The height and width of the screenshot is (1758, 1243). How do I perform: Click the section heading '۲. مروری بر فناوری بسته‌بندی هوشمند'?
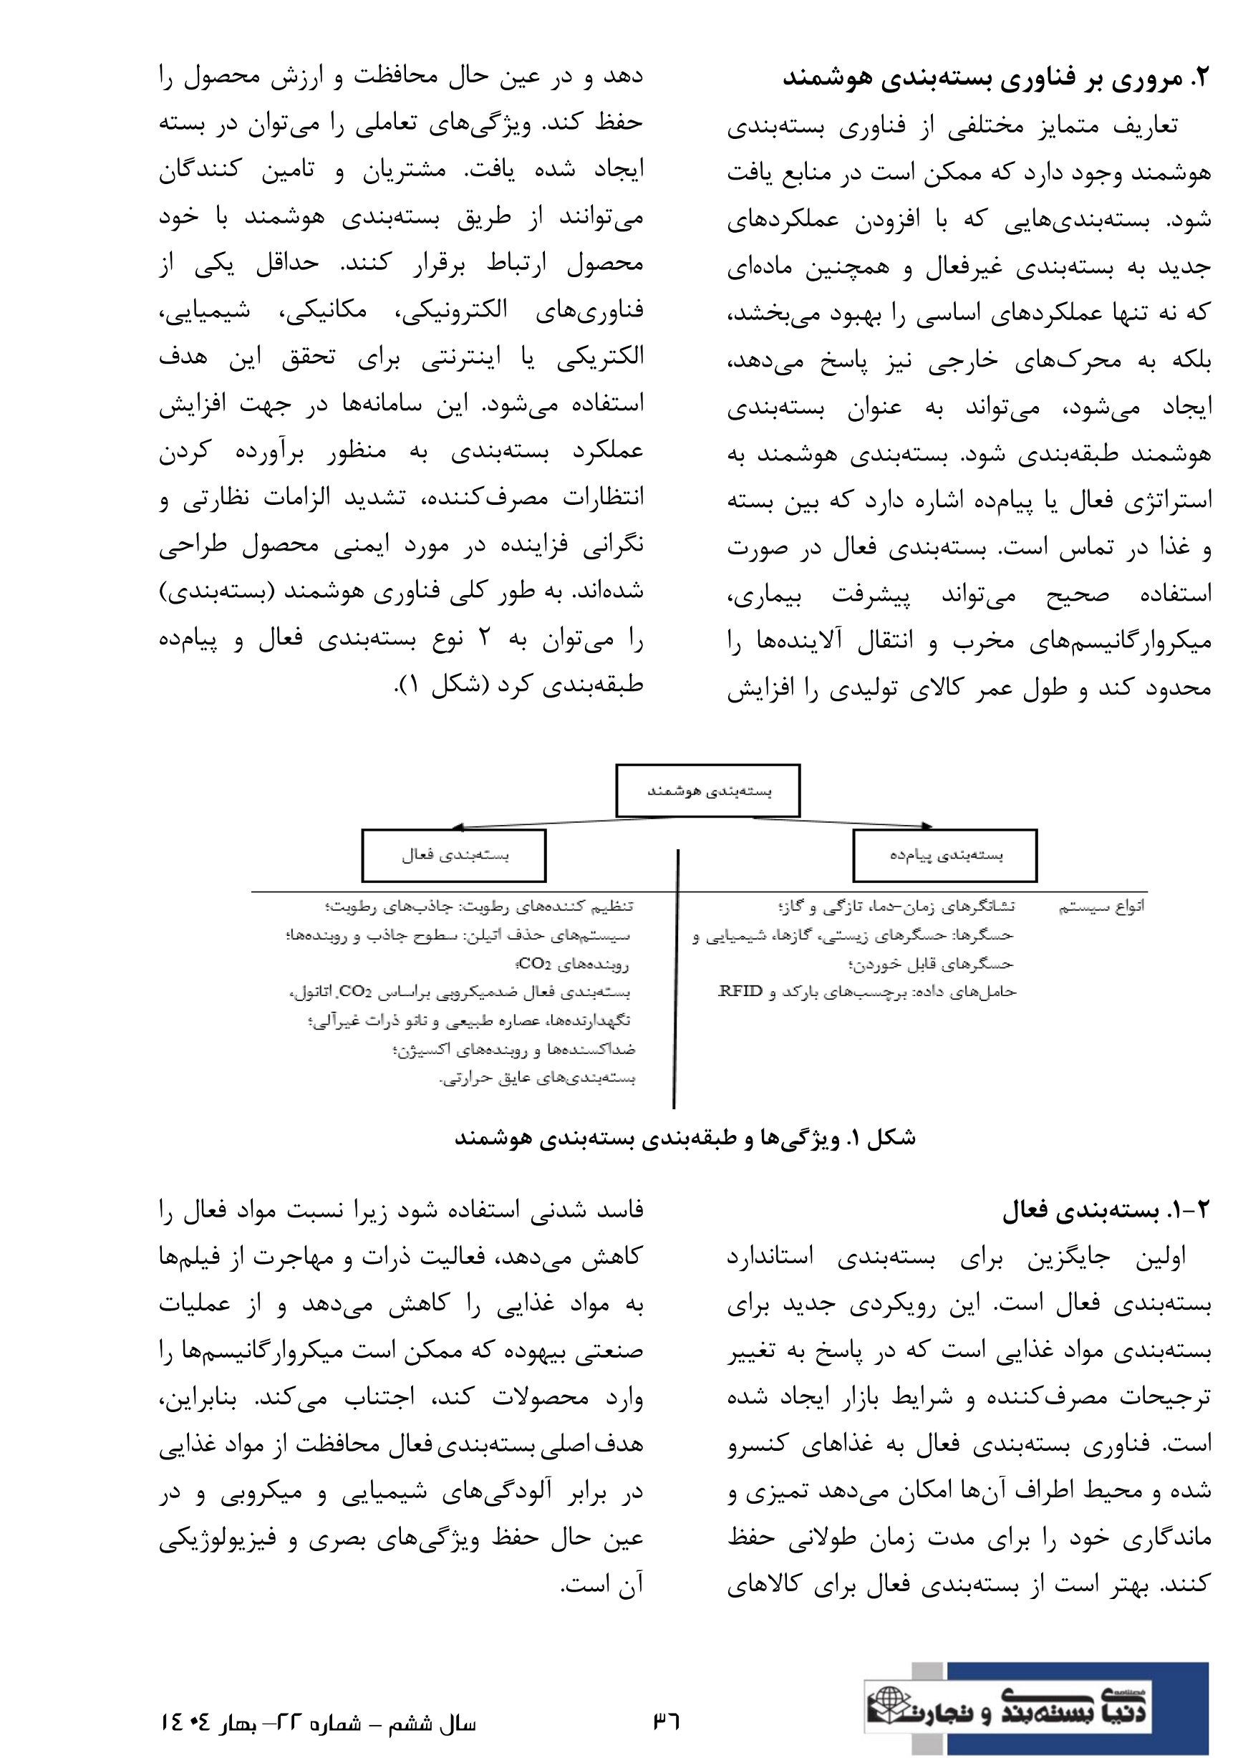pyautogui.click(x=995, y=78)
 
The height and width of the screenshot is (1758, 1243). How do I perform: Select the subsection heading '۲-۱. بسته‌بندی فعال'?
pyautogui.click(x=1106, y=1210)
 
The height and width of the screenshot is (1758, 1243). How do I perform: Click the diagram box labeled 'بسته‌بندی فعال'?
pyautogui.click(x=454, y=855)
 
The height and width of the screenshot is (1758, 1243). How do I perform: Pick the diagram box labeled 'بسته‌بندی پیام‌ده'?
pyautogui.click(x=945, y=855)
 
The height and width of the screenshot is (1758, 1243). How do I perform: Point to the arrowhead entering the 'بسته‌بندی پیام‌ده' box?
pyautogui.click(x=927, y=826)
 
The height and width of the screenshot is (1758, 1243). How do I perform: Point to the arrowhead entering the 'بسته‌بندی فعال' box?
pyautogui.click(x=458, y=827)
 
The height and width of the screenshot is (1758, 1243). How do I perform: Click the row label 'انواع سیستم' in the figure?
pyautogui.click(x=1101, y=907)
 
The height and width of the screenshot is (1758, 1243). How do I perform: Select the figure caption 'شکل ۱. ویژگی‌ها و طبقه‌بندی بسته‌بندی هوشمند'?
pyautogui.click(x=685, y=1139)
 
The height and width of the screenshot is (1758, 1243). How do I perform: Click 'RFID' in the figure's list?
pyautogui.click(x=740, y=992)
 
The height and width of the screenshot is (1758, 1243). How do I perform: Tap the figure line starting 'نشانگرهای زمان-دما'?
pyautogui.click(x=896, y=907)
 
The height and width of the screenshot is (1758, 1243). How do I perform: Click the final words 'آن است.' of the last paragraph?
pyautogui.click(x=601, y=1584)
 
